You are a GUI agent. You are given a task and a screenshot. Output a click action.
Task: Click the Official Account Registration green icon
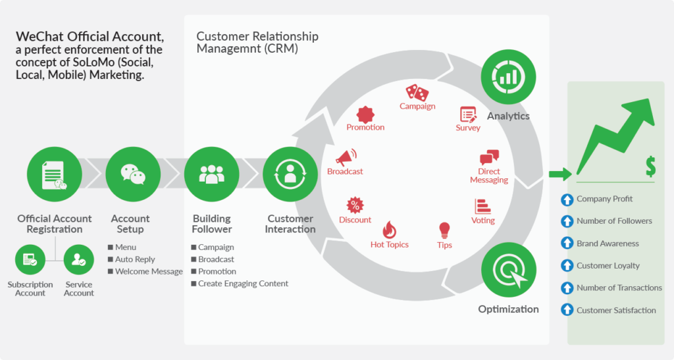click(54, 174)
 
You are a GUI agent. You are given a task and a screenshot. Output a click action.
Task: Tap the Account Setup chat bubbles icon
click(133, 174)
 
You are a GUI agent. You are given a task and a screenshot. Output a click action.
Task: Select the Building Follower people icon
click(211, 174)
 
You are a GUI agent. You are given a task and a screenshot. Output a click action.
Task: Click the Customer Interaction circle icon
click(290, 174)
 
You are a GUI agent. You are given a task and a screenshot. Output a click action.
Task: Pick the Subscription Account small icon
click(30, 259)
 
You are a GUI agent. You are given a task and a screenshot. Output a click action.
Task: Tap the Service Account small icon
click(79, 259)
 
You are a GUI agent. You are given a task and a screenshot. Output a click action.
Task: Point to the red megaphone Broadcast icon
click(346, 157)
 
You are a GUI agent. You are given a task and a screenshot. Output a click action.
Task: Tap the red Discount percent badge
click(355, 205)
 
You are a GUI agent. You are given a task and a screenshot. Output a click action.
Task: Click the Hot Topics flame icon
click(390, 230)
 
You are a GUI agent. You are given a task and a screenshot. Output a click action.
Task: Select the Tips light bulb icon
click(444, 230)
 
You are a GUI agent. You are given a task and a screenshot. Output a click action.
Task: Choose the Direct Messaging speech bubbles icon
click(489, 157)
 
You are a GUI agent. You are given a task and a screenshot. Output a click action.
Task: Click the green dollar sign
click(650, 166)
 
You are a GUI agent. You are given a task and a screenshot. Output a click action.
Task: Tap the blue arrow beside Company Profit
click(566, 199)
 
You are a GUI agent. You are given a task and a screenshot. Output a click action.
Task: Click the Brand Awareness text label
click(608, 244)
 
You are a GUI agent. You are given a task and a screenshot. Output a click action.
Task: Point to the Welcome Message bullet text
click(149, 271)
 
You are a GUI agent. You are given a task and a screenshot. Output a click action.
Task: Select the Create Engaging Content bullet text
click(244, 284)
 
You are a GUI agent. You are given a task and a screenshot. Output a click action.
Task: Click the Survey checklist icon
click(468, 114)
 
